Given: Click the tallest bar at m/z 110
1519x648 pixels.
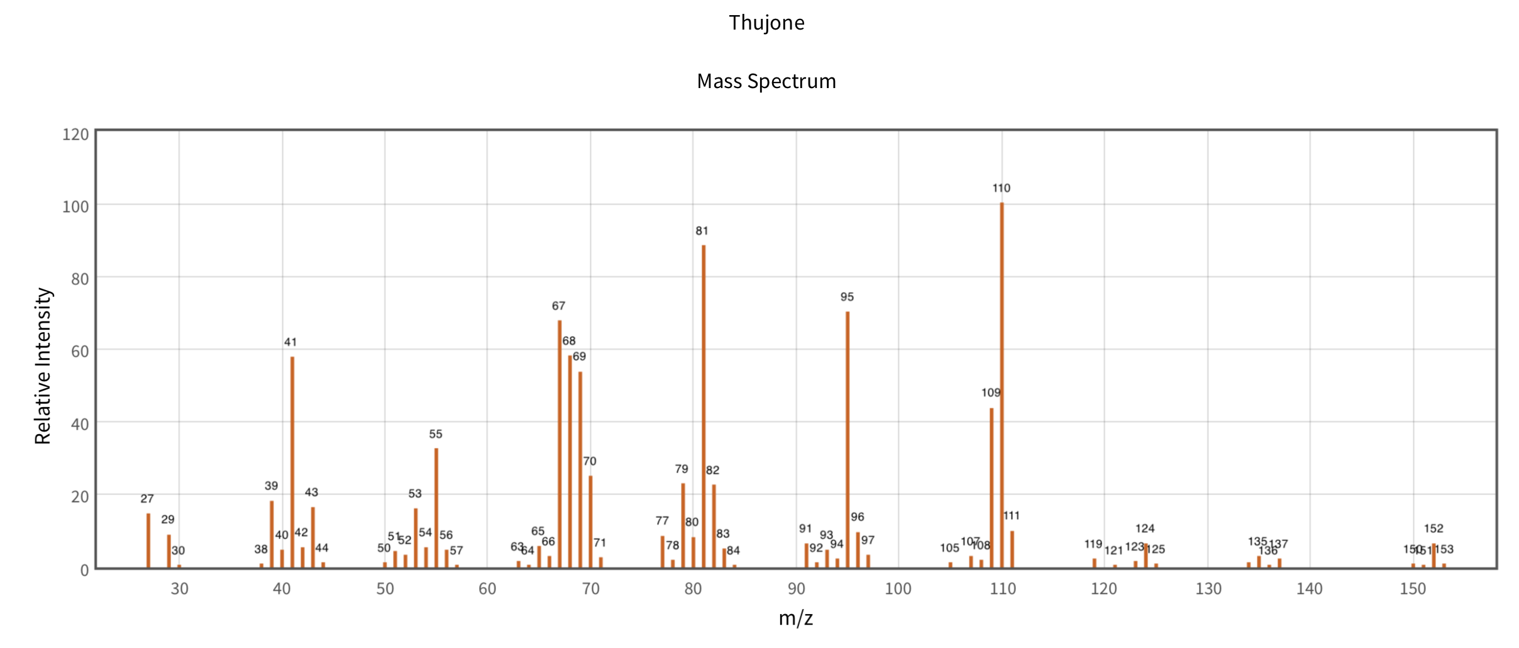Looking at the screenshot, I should (1002, 385).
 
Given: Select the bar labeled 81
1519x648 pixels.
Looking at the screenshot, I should (704, 406).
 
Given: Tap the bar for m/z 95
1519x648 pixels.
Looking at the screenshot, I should (848, 440).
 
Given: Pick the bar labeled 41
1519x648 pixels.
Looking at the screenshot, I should (292, 462).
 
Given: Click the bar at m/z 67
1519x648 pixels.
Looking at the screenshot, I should (560, 444).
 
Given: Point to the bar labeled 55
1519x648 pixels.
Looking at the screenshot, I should (436, 508).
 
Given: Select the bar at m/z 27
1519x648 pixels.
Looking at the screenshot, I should (148, 541).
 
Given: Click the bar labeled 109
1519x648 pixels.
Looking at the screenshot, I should (991, 488).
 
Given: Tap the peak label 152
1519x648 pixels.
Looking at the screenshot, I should (1433, 528).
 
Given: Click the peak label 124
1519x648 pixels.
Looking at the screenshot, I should (1145, 528).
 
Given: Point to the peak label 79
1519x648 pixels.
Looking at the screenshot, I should (682, 469).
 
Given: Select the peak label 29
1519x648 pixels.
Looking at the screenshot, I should (168, 519).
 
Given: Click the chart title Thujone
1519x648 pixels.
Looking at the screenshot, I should (766, 23).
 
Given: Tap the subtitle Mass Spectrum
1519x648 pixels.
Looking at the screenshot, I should (766, 81).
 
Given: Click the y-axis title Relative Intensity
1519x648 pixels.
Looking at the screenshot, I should (43, 366).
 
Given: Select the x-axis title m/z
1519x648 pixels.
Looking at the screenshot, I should (796, 618).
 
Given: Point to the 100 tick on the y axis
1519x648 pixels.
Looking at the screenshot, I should (75, 206).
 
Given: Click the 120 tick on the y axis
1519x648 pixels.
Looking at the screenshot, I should (75, 134).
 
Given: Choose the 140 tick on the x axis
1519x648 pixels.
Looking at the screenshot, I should (1310, 589).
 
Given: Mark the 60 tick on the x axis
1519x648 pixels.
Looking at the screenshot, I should (487, 589).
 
